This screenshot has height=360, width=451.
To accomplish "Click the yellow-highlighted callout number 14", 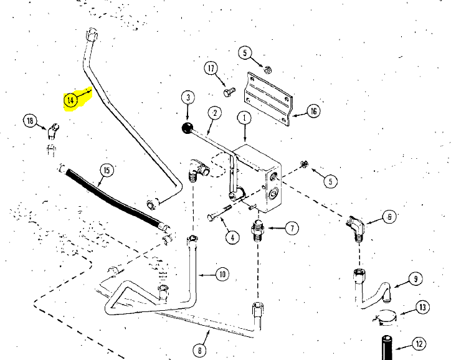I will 71,99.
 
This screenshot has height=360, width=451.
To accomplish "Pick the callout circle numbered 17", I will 211,68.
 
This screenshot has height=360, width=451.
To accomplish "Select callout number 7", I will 291,228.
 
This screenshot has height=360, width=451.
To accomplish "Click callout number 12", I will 419,343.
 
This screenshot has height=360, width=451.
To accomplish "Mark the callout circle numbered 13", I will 423,307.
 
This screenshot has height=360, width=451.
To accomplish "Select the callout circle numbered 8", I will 201,351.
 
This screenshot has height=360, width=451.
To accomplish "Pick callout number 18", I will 30,120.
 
